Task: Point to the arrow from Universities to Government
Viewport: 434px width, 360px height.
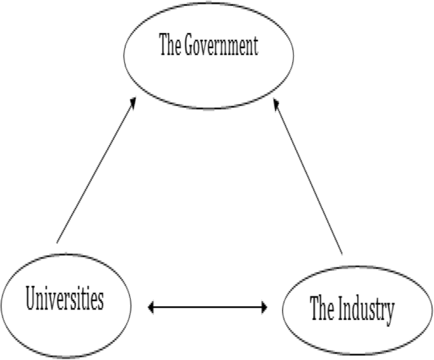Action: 96,171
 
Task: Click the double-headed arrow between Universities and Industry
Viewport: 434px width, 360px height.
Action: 207,308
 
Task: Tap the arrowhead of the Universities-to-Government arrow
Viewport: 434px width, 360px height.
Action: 133,102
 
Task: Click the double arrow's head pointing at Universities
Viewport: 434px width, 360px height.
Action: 151,308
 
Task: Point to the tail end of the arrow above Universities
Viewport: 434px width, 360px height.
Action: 57,242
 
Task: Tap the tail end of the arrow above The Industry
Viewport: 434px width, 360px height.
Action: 342,255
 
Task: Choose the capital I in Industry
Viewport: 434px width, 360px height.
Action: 339,311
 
